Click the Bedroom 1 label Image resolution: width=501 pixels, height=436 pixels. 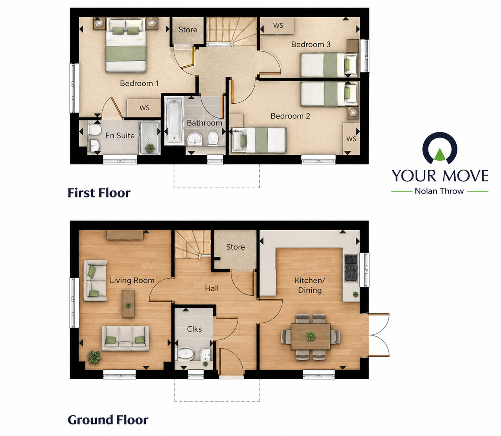139,84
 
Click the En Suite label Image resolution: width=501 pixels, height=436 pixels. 119,136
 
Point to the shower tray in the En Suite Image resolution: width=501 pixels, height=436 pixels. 149,137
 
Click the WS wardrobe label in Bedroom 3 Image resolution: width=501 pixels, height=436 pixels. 278,26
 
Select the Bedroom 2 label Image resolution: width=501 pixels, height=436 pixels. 290,116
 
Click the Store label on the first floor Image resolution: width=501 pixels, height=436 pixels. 188,30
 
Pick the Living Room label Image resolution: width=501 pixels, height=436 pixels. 132,280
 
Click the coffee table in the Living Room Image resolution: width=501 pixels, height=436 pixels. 128,304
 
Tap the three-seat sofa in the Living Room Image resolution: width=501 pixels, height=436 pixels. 125,339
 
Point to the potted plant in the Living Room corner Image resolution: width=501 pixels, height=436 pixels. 94,357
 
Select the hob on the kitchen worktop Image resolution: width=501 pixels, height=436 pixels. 351,267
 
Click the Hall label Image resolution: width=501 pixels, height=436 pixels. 212,288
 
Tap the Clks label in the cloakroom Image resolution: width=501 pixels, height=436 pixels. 194,329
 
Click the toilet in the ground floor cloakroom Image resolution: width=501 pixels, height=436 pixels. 185,354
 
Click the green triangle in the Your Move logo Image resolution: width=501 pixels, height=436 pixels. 440,154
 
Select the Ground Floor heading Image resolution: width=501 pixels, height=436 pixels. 108,420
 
